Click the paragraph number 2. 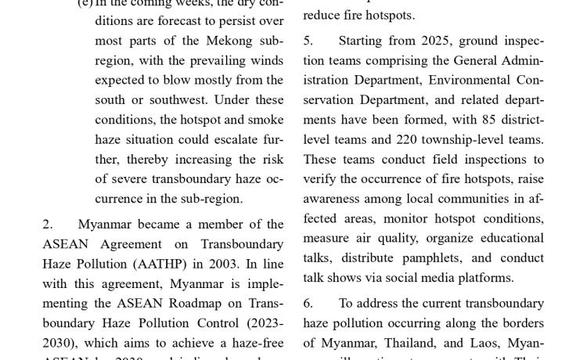(x=47, y=224)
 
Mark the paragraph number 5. (x=308, y=40)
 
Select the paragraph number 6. (x=308, y=303)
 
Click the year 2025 (x=437, y=40)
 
